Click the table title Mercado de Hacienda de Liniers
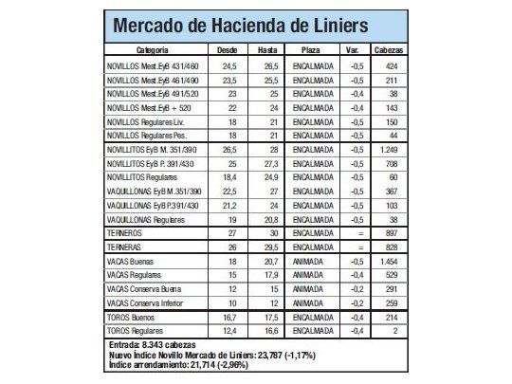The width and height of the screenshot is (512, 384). click(x=254, y=26)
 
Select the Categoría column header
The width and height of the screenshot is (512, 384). click(x=152, y=48)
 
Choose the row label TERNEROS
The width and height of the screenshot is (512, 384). click(x=127, y=231)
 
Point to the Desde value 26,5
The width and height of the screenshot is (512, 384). click(x=229, y=149)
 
